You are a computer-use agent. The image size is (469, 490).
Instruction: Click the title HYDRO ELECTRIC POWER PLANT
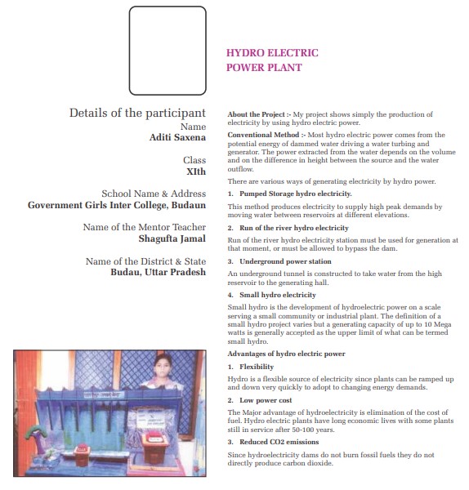click(x=272, y=60)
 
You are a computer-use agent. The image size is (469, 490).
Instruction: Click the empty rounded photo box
click(x=130, y=51)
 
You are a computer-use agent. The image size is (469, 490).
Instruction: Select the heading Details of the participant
click(x=137, y=113)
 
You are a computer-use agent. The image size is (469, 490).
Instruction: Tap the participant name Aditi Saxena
click(x=177, y=137)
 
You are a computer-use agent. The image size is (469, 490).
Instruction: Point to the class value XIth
click(x=196, y=171)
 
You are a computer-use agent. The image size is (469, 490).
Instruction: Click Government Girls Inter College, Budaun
click(x=117, y=205)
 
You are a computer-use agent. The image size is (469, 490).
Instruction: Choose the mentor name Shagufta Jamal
click(x=172, y=238)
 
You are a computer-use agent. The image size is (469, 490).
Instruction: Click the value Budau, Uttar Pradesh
click(x=159, y=272)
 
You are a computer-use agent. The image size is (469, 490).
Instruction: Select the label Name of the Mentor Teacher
click(x=145, y=227)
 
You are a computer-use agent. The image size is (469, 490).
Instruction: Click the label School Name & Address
click(x=154, y=194)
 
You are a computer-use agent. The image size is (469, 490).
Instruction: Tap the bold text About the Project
click(x=256, y=114)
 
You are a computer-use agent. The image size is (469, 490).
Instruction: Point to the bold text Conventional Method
click(x=263, y=135)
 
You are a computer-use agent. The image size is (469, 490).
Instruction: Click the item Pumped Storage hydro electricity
click(x=296, y=194)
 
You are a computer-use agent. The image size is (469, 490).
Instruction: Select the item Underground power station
click(x=285, y=261)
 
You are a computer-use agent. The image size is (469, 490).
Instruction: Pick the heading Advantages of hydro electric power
click(x=287, y=354)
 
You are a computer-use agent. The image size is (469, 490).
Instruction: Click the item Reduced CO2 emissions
click(x=279, y=442)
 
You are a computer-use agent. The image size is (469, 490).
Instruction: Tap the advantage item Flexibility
click(x=257, y=367)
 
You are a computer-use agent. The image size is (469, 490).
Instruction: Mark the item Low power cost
click(x=266, y=400)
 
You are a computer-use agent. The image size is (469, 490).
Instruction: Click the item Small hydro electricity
click(x=278, y=295)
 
